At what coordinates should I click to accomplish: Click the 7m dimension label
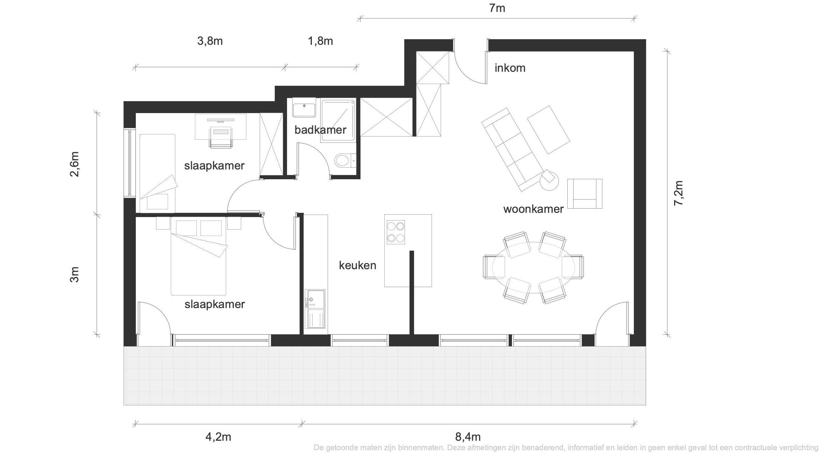[x=497, y=8]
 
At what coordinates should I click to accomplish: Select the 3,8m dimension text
[x=210, y=41]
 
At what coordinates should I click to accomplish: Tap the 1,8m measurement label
[x=320, y=41]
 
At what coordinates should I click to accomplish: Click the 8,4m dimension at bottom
[x=468, y=437]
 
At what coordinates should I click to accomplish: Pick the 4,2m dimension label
[x=218, y=437]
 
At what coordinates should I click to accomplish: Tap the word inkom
[x=510, y=68]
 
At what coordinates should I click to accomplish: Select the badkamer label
[x=320, y=130]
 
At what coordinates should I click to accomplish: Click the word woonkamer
[x=533, y=209]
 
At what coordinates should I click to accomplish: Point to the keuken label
[x=357, y=265]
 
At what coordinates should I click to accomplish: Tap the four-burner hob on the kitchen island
[x=396, y=232]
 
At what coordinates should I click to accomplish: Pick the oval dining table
[x=533, y=267]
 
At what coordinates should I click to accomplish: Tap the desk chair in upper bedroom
[x=221, y=137]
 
